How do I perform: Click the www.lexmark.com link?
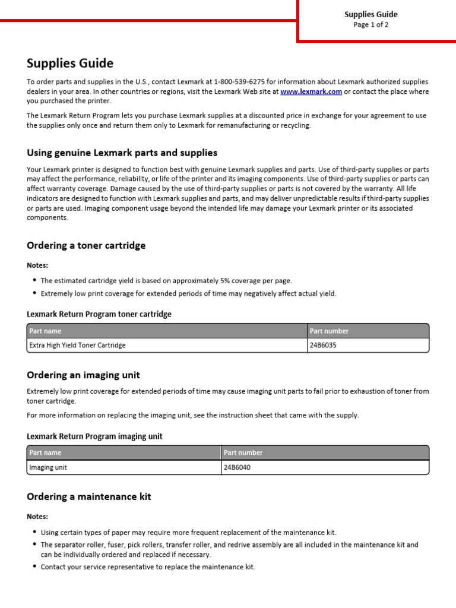pos(311,92)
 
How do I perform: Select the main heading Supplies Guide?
pos(70,63)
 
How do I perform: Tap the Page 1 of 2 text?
pos(370,25)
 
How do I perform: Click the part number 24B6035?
pos(322,345)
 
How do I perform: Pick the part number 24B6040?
pos(237,467)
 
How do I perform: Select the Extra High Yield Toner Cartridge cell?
pos(78,345)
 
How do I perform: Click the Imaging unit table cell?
pos(48,467)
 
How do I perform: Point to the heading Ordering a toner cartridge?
pos(86,245)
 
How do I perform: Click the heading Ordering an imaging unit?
pos(83,375)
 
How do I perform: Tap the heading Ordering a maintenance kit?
pos(89,496)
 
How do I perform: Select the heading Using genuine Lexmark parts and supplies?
pos(122,153)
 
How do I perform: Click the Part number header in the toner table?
pos(329,331)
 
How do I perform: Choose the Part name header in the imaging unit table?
pos(45,452)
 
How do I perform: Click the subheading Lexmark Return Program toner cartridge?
pos(99,314)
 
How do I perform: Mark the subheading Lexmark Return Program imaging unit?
pos(94,436)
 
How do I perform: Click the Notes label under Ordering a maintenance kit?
pos(37,517)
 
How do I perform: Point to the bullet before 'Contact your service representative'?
pos(34,567)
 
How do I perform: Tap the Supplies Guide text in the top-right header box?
pos(371,14)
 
